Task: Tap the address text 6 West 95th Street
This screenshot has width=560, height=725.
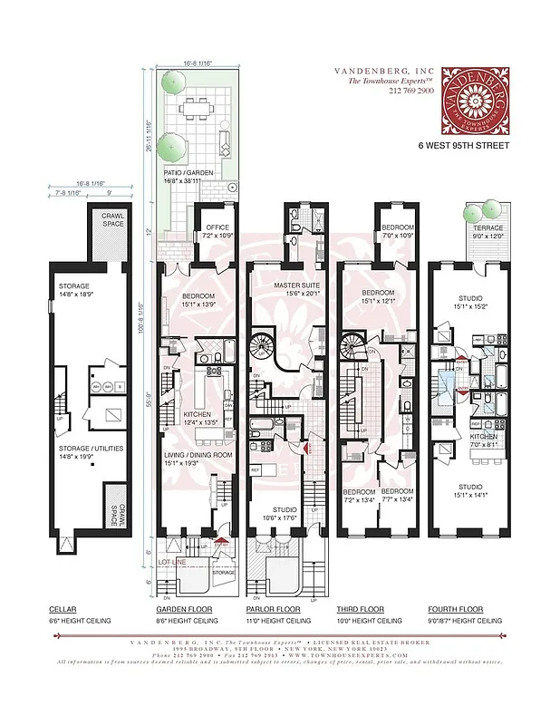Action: [464, 146]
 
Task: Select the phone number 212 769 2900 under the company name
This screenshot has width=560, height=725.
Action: [412, 91]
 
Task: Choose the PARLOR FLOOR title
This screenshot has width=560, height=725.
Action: [273, 609]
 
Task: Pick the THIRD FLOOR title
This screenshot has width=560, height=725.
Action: [361, 609]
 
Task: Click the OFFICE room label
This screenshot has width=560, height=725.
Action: [217, 227]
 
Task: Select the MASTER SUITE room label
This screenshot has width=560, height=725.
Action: [294, 285]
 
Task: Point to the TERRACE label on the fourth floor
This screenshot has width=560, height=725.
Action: [488, 227]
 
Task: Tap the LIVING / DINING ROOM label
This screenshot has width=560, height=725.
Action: [197, 454]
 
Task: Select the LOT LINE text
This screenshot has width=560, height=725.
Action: [172, 563]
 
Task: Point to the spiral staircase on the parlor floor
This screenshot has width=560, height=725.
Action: [268, 346]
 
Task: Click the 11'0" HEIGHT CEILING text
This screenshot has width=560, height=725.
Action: [278, 621]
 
